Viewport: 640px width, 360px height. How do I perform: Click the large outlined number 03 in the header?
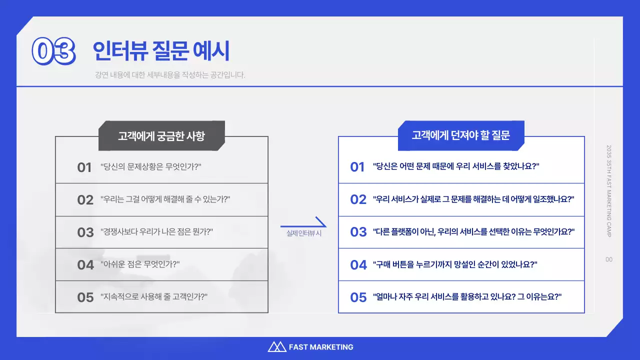point(53,51)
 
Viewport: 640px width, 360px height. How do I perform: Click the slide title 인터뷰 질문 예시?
point(161,50)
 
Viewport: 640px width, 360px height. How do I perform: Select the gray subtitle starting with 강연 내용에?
point(170,75)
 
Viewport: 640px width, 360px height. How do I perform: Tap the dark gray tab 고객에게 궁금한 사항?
point(161,136)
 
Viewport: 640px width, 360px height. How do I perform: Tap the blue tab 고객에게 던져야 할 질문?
point(460,135)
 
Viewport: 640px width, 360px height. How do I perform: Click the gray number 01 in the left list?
point(84,167)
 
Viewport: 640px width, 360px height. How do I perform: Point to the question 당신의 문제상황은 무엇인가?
point(150,167)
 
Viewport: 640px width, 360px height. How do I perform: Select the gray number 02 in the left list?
point(85,200)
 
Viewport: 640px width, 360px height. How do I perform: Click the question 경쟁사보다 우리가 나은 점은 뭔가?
point(157,232)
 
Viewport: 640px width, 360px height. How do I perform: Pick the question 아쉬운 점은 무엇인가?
point(140,264)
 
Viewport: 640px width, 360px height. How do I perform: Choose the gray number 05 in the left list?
point(85,297)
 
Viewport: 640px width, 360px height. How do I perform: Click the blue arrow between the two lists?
point(303,223)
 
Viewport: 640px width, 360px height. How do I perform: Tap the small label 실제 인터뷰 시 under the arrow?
point(303,233)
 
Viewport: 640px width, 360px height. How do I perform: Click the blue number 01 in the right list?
point(357,167)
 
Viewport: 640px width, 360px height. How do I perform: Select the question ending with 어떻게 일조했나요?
point(473,199)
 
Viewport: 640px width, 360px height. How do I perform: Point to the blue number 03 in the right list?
point(358,232)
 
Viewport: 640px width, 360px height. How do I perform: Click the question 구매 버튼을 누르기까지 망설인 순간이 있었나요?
point(455,264)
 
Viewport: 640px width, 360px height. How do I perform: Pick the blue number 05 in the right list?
point(358,297)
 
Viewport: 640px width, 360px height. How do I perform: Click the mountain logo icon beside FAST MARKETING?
point(276,347)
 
